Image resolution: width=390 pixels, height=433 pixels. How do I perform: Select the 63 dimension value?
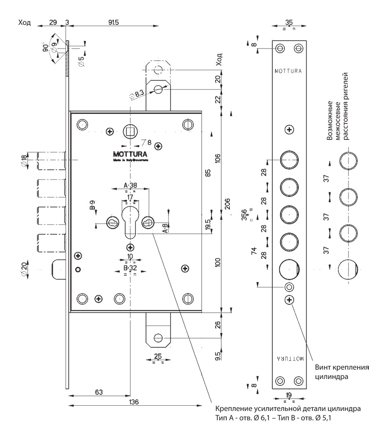click(x=99, y=392)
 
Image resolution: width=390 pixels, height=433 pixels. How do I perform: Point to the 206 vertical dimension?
click(x=228, y=204)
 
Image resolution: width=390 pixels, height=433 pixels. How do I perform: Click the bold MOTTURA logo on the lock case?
click(x=130, y=154)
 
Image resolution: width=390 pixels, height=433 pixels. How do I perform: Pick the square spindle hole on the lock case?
click(x=129, y=130)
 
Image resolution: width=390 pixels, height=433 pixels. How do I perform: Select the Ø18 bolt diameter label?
click(x=24, y=161)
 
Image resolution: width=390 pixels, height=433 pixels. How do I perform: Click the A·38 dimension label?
click(x=130, y=185)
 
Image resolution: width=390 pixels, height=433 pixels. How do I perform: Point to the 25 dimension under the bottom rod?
click(x=158, y=356)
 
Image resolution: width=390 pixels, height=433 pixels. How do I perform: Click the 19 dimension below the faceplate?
click(x=289, y=395)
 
